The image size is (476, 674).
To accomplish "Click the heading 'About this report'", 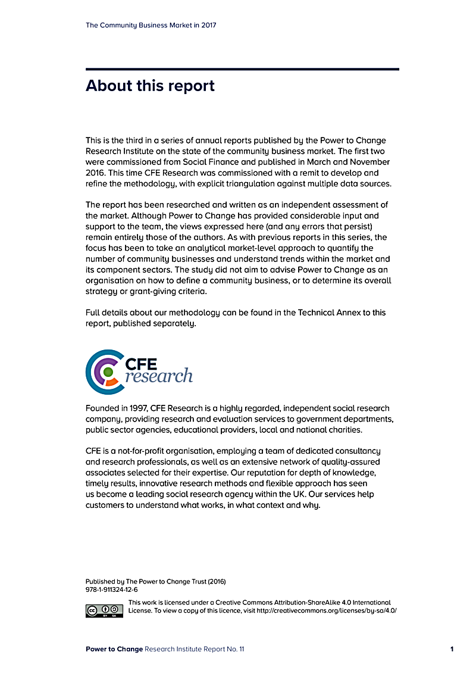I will click(150, 86).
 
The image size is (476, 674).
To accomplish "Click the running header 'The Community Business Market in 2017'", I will click(151, 25).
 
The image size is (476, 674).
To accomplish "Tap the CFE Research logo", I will click(139, 372).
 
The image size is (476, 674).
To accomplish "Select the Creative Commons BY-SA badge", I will click(104, 610).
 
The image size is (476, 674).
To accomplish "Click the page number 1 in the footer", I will click(452, 649).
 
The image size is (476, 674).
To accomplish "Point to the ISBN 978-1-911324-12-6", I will click(112, 589).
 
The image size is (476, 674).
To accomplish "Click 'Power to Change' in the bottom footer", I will click(114, 649).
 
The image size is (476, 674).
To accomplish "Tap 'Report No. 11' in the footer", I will click(224, 649).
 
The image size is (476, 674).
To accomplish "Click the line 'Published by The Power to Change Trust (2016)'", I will click(155, 581).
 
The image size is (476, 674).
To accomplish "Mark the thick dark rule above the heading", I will click(242, 70).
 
